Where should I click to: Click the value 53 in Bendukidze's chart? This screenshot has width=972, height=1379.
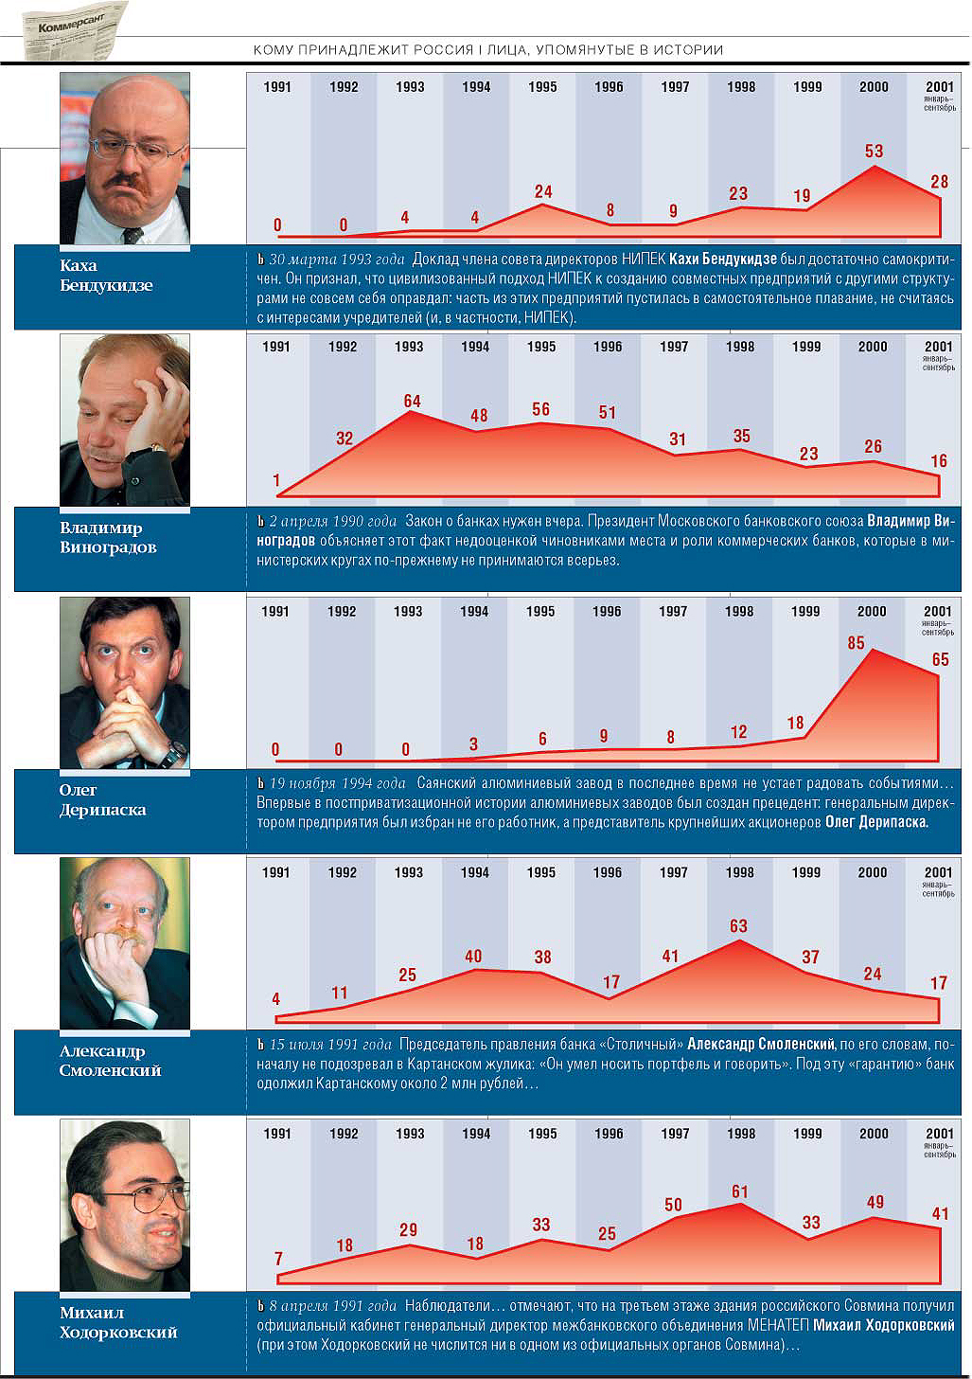tap(874, 151)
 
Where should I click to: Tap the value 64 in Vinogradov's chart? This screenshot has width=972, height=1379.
tap(412, 402)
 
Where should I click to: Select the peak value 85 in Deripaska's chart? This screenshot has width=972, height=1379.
tap(856, 643)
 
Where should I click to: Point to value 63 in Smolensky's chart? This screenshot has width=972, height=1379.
tap(738, 926)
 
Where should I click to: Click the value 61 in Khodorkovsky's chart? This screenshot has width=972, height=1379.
tap(739, 1191)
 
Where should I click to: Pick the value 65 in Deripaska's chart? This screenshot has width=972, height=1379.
tap(940, 659)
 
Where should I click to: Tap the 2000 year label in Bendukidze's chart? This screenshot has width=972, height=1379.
tap(874, 87)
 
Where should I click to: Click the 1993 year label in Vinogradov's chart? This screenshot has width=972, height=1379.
tap(409, 347)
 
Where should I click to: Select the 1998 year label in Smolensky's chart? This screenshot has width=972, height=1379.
tap(739, 872)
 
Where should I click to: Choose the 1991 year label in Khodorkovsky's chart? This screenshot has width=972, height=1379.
tap(277, 1134)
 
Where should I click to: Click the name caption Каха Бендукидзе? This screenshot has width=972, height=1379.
tap(105, 276)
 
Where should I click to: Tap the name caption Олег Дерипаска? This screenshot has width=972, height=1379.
tap(102, 800)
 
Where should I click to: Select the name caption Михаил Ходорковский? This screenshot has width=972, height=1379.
tap(118, 1322)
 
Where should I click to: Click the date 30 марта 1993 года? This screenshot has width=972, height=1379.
tap(337, 260)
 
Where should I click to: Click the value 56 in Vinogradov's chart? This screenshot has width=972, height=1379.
tap(540, 410)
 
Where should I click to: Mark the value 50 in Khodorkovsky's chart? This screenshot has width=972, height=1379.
tap(673, 1205)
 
